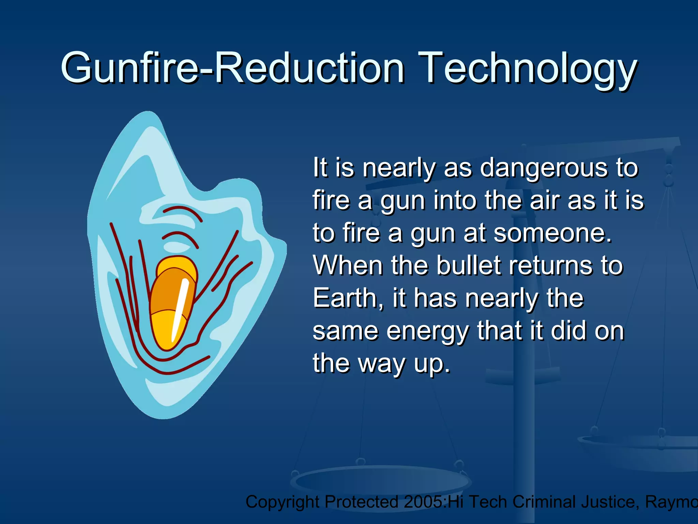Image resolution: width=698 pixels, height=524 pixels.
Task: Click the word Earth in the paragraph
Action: pyautogui.click(x=348, y=299)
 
